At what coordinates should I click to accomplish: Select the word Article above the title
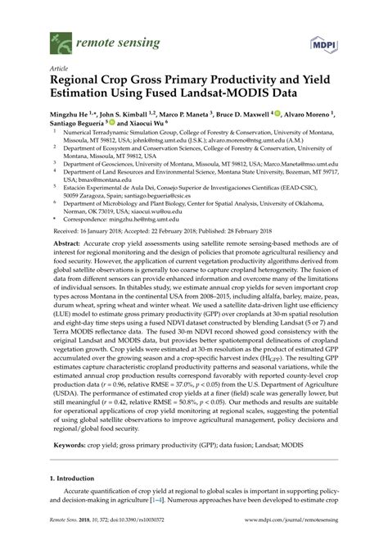[x=59, y=71]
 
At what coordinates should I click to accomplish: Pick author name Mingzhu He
[x=75, y=117]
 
